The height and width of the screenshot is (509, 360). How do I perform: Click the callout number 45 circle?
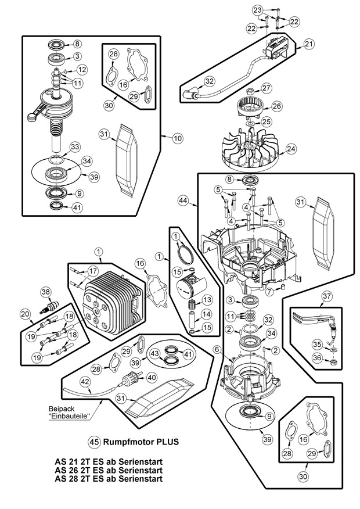(x=95, y=441)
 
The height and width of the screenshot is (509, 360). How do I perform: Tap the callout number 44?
(x=183, y=200)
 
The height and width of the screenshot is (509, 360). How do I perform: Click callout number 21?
(x=308, y=44)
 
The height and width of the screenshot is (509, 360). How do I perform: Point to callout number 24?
(x=290, y=148)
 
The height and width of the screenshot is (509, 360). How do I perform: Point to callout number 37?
(x=326, y=296)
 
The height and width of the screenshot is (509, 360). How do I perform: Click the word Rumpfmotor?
(x=127, y=442)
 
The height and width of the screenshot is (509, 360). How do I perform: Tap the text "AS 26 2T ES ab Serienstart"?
(x=108, y=470)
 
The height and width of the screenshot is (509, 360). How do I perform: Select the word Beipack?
(x=59, y=408)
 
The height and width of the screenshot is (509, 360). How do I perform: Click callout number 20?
(x=25, y=314)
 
